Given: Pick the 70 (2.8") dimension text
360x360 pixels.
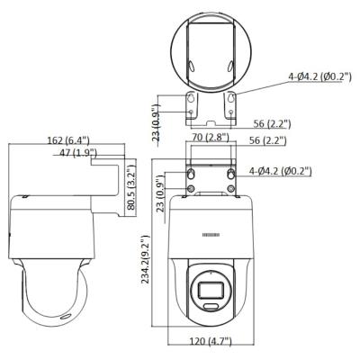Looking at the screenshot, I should click(x=210, y=138).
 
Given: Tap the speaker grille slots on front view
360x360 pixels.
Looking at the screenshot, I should click(x=208, y=235).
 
